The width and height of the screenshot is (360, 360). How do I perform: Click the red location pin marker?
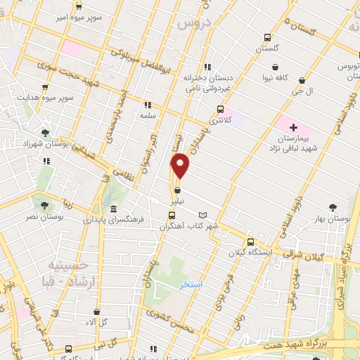(181, 165)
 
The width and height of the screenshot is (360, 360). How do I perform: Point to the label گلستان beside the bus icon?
(266, 49)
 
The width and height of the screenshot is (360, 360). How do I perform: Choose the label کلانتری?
(219, 120)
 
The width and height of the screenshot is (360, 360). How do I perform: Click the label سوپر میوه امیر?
(80, 15)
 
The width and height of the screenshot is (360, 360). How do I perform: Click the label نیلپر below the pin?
(177, 200)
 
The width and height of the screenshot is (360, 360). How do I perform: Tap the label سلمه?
(147, 114)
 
